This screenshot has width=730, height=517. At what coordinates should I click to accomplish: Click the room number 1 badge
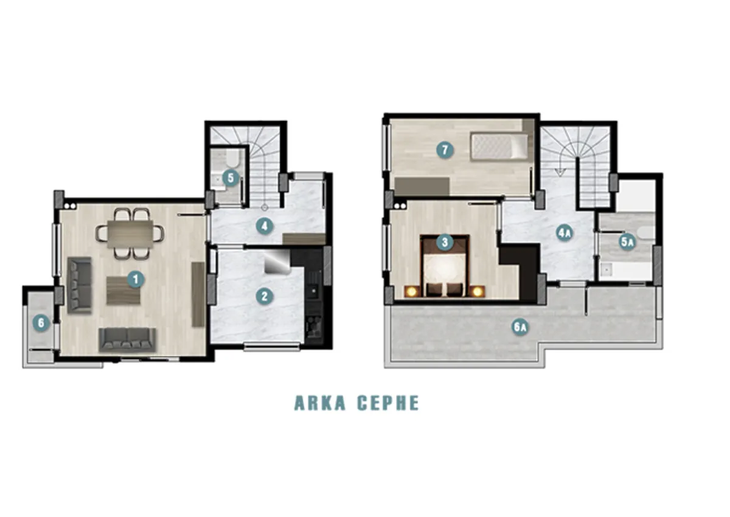[x=136, y=279]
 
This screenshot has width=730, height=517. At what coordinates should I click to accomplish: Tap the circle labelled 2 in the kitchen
[x=264, y=296]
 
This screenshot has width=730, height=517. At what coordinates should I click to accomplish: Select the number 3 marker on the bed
[x=445, y=242]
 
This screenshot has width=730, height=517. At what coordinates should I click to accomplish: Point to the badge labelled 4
[x=264, y=226]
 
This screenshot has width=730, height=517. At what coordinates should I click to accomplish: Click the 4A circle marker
[x=565, y=232]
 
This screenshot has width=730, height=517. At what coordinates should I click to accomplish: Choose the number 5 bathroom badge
[x=231, y=178]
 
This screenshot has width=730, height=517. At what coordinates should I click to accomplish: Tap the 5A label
[x=627, y=242]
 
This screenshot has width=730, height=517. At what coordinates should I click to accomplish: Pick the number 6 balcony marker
[x=41, y=323]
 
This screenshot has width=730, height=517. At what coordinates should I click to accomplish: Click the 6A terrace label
[x=520, y=327]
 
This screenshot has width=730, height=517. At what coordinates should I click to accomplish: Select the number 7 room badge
[x=445, y=150]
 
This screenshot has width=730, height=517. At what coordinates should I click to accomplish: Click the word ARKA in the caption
[x=320, y=403]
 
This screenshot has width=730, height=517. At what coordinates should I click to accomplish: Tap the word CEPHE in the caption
[x=388, y=403]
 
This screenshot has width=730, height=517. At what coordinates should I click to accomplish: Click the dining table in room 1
[x=130, y=234]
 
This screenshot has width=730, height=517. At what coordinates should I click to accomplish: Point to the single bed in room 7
[x=499, y=148]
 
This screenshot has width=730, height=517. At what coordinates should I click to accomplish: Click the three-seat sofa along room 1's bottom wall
[x=127, y=340]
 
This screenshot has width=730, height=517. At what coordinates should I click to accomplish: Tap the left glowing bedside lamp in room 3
[x=412, y=291]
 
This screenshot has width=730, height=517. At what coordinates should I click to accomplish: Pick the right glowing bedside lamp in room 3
[x=478, y=291]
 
